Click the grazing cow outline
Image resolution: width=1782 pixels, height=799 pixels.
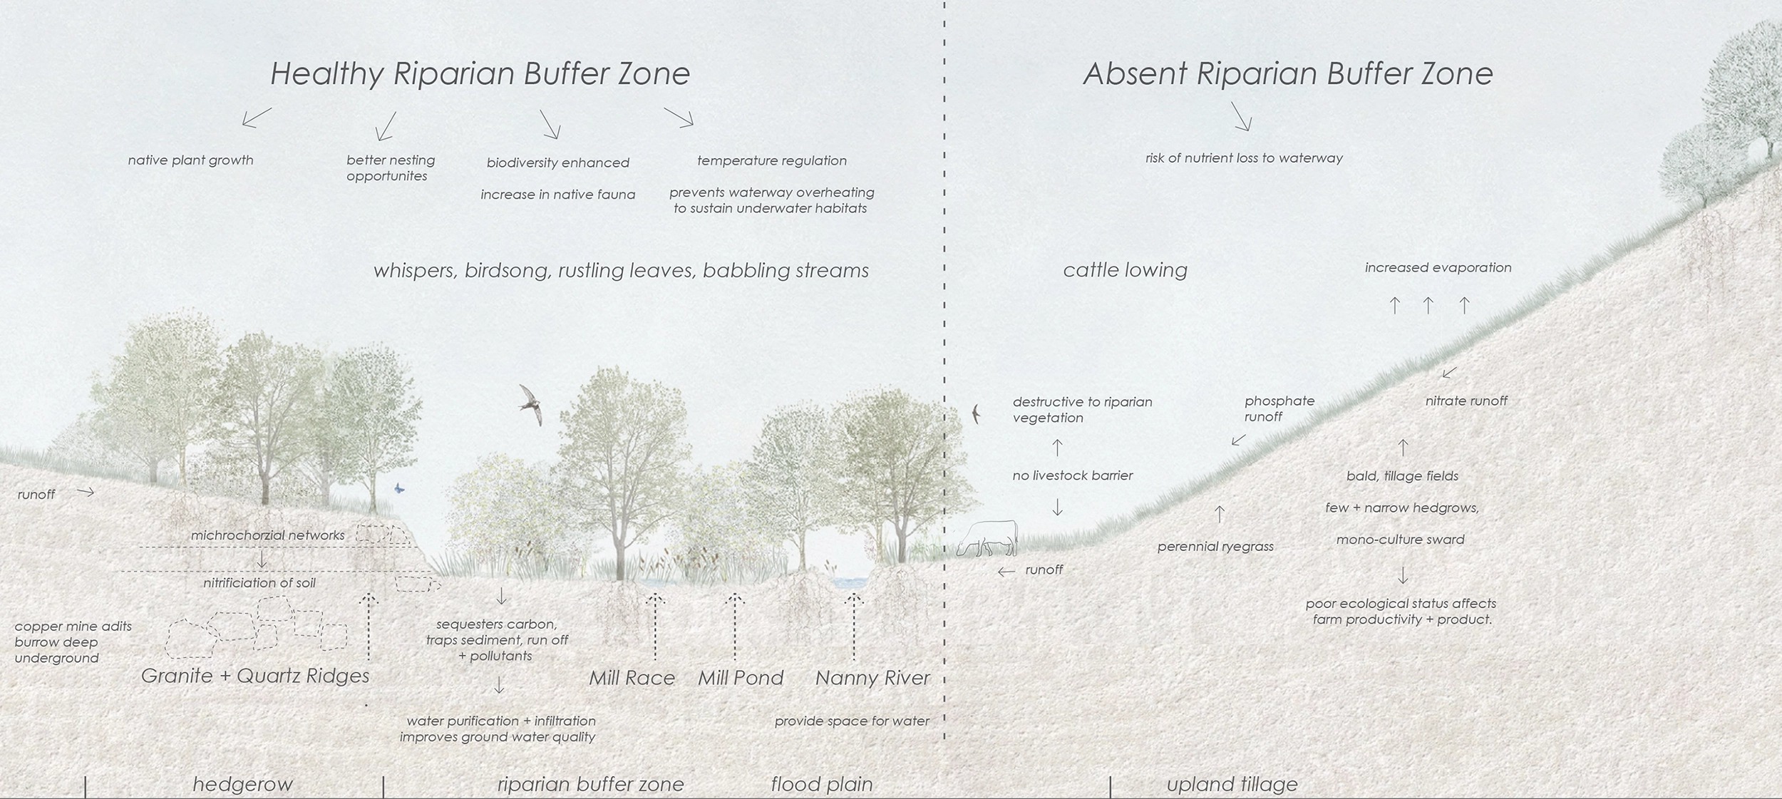[x=987, y=538]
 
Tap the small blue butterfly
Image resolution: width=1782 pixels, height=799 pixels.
[x=399, y=488]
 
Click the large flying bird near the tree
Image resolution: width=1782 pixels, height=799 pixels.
[x=531, y=404]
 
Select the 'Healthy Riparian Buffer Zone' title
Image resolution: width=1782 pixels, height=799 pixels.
[x=480, y=74]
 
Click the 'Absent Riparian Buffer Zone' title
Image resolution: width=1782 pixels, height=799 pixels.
[x=1287, y=74]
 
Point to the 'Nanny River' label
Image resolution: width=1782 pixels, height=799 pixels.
[x=872, y=678]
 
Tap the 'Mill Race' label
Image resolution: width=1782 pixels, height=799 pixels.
[x=632, y=678]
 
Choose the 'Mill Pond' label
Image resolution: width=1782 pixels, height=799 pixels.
[x=741, y=678]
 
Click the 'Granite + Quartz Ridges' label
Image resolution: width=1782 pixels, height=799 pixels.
[x=255, y=676]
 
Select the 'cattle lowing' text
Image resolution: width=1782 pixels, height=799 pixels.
[x=1125, y=270]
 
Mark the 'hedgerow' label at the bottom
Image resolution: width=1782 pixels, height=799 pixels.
[x=242, y=784]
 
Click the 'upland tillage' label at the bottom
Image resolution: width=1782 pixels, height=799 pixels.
[x=1232, y=784]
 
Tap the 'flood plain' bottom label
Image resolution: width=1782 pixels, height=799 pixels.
[x=822, y=784]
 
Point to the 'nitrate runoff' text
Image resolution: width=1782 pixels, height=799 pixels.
[x=1466, y=401]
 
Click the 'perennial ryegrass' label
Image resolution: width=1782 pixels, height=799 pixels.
[x=1215, y=547]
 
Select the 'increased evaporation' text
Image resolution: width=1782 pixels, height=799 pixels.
[x=1438, y=268]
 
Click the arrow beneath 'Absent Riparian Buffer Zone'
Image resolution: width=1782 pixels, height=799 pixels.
[x=1241, y=116]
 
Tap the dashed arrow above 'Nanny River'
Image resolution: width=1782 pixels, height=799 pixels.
[x=853, y=627]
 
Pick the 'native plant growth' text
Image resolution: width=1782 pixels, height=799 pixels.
[x=190, y=160]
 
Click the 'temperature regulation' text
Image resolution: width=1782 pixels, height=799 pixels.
[x=772, y=161]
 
